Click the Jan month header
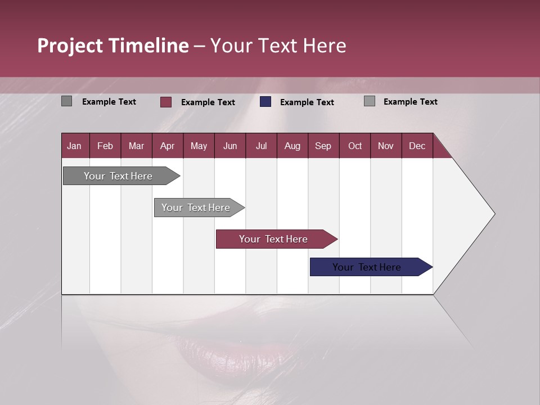tap(75, 146)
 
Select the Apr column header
tap(168, 146)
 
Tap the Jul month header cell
tap(261, 146)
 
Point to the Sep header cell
tap(323, 146)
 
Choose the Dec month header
tap(417, 146)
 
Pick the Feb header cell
tap(105, 146)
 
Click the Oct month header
tap(355, 146)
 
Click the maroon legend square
tap(166, 102)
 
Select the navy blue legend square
tap(265, 102)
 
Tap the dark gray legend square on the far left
tap(66, 101)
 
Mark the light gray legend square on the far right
tap(370, 101)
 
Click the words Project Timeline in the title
tap(113, 46)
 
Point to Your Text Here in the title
tap(278, 46)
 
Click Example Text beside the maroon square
tap(208, 102)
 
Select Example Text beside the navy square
tap(307, 102)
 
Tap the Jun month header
tap(230, 146)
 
